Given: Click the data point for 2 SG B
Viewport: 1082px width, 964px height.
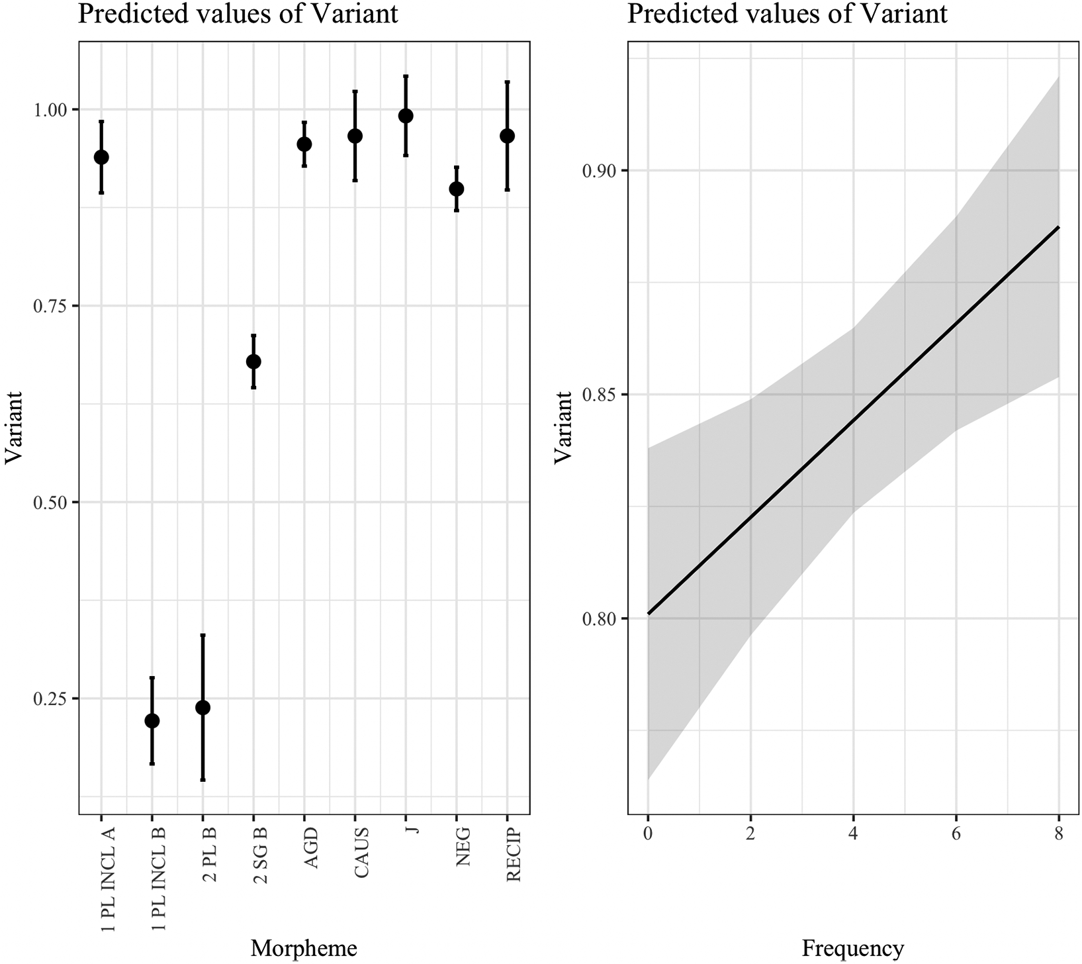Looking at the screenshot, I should (x=253, y=361).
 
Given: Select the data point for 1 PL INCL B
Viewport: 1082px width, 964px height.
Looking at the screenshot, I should (x=152, y=720).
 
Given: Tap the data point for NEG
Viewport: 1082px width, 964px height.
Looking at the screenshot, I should (x=457, y=189).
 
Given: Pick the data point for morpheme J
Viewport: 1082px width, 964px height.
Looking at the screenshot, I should (x=406, y=116).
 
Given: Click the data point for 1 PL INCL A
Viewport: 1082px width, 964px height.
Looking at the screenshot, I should (x=101, y=157).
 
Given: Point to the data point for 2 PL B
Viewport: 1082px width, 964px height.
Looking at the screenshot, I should (x=203, y=708).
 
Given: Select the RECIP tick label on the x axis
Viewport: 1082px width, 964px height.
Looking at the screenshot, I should (x=514, y=855).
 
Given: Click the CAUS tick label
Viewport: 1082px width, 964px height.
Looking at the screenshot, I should (x=361, y=853).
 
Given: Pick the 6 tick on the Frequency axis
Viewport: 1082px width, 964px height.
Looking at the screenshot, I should (x=956, y=834).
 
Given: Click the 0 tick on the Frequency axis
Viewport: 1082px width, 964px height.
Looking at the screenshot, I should (x=647, y=834).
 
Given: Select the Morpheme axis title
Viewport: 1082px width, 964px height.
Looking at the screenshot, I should (x=304, y=948).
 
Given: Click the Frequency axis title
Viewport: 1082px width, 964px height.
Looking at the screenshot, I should (x=852, y=948).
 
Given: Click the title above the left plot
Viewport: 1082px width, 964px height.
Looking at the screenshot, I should (x=238, y=13).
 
